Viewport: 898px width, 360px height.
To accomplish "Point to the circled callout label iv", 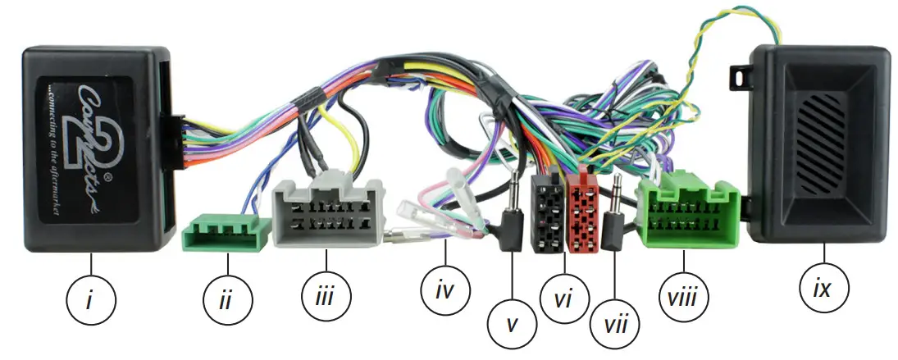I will (443, 290).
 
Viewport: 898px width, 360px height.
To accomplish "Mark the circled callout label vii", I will (615, 321).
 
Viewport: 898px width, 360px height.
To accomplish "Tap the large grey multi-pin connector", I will (328, 212).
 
